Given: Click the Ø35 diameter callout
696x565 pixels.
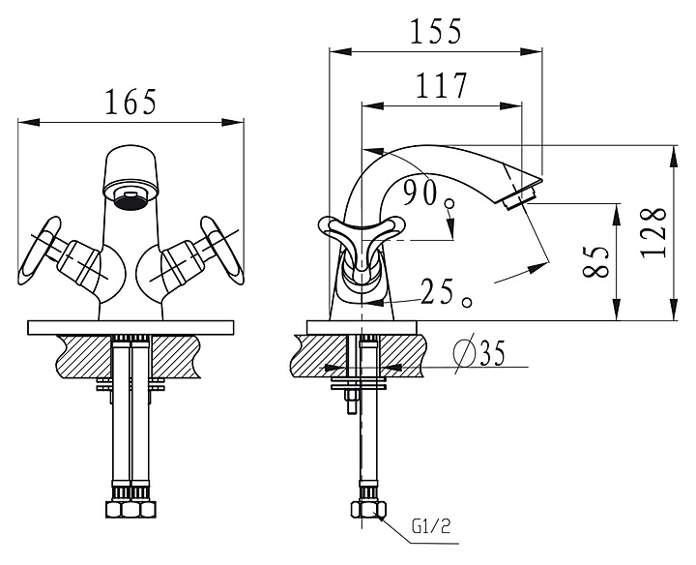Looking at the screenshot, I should tap(480, 355).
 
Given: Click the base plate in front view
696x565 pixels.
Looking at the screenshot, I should tap(131, 326).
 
